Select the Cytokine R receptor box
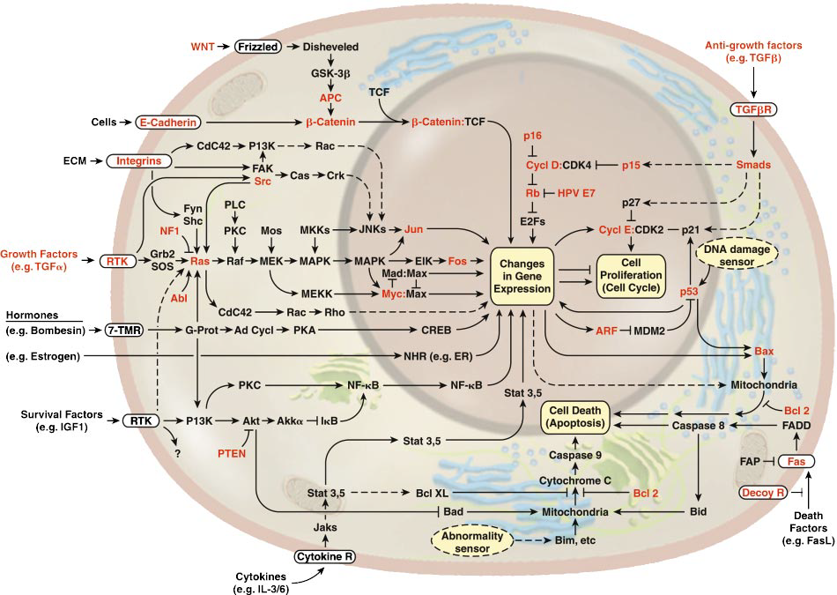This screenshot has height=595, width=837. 320,557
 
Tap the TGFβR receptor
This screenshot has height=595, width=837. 754,111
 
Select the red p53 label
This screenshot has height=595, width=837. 696,291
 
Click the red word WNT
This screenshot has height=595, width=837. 204,45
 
